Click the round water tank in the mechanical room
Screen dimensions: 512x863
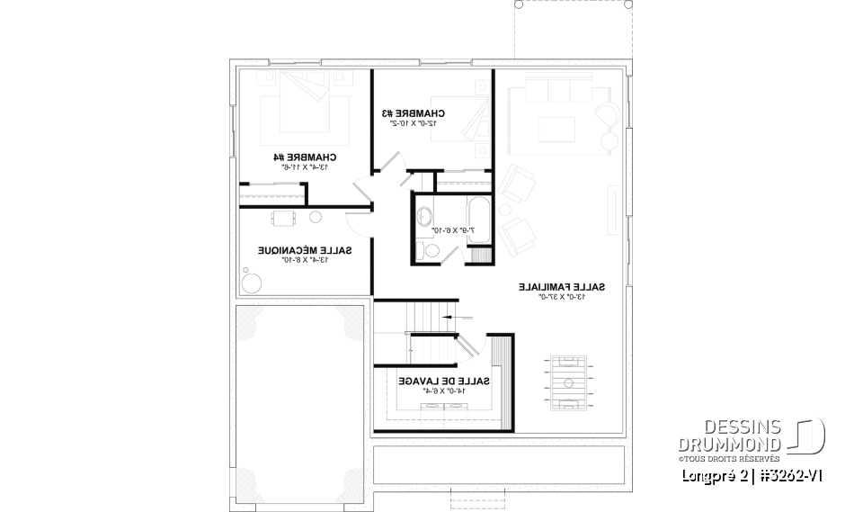coord(253,281)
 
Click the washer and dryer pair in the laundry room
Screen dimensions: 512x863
coord(444,406)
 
